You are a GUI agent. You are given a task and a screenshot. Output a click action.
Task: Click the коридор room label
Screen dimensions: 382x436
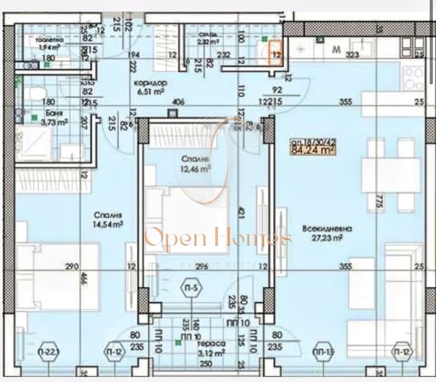pyautogui.click(x=150, y=83)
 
